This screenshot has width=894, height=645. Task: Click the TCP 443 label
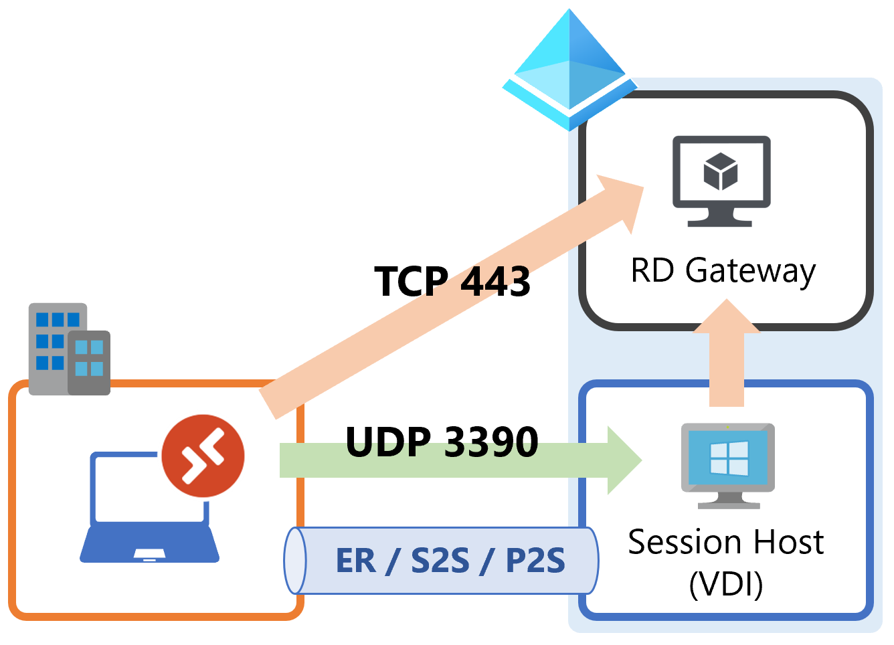(452, 281)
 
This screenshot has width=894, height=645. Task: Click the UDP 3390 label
(442, 442)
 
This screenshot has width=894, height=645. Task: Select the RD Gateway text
(723, 271)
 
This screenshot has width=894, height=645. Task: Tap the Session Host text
(725, 542)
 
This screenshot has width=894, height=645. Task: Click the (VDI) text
(726, 584)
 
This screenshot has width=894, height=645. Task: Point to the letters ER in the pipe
(355, 561)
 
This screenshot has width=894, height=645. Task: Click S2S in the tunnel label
(440, 561)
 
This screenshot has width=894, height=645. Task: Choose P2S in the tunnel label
(535, 561)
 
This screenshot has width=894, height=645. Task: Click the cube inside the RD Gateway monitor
(721, 171)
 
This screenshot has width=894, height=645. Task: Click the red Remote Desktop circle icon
(203, 456)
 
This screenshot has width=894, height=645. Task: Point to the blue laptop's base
(149, 545)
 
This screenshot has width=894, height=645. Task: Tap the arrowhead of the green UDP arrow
(624, 460)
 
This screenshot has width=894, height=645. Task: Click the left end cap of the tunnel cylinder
(295, 561)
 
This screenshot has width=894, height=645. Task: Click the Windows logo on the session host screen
(729, 458)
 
